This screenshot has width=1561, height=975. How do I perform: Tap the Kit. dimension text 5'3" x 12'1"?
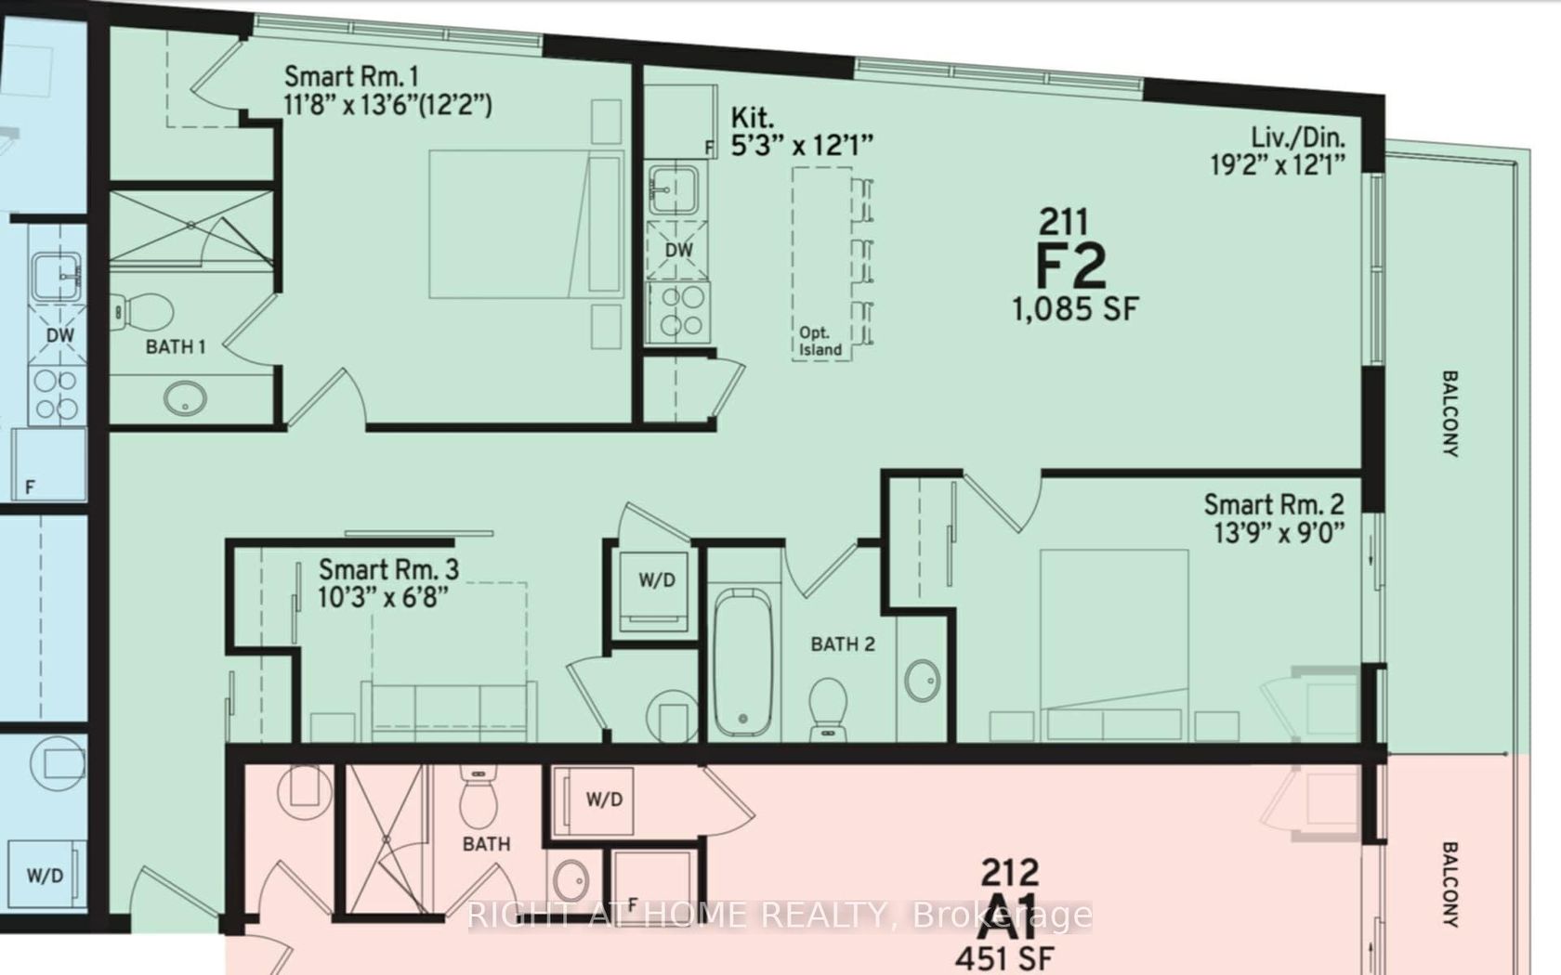point(802,147)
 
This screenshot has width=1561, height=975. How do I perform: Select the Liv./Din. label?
point(1297,137)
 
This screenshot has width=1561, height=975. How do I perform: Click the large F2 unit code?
point(1070,266)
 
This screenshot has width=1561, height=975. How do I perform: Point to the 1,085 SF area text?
point(1075,309)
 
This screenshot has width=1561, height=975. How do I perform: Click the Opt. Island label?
point(820,342)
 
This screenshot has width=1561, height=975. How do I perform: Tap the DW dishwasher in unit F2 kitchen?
point(678,251)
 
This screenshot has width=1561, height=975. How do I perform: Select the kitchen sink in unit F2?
point(674,189)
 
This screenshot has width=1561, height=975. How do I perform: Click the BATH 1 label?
point(176,347)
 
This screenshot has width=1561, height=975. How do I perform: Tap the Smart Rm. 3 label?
point(388,570)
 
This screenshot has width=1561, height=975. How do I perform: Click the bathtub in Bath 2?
point(743,662)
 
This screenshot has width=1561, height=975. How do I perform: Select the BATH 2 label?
point(843,644)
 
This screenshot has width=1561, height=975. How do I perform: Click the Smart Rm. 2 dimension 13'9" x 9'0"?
point(1279,533)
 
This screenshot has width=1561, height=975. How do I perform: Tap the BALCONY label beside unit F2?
point(1450,414)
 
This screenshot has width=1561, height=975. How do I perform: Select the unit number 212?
point(1010,871)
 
